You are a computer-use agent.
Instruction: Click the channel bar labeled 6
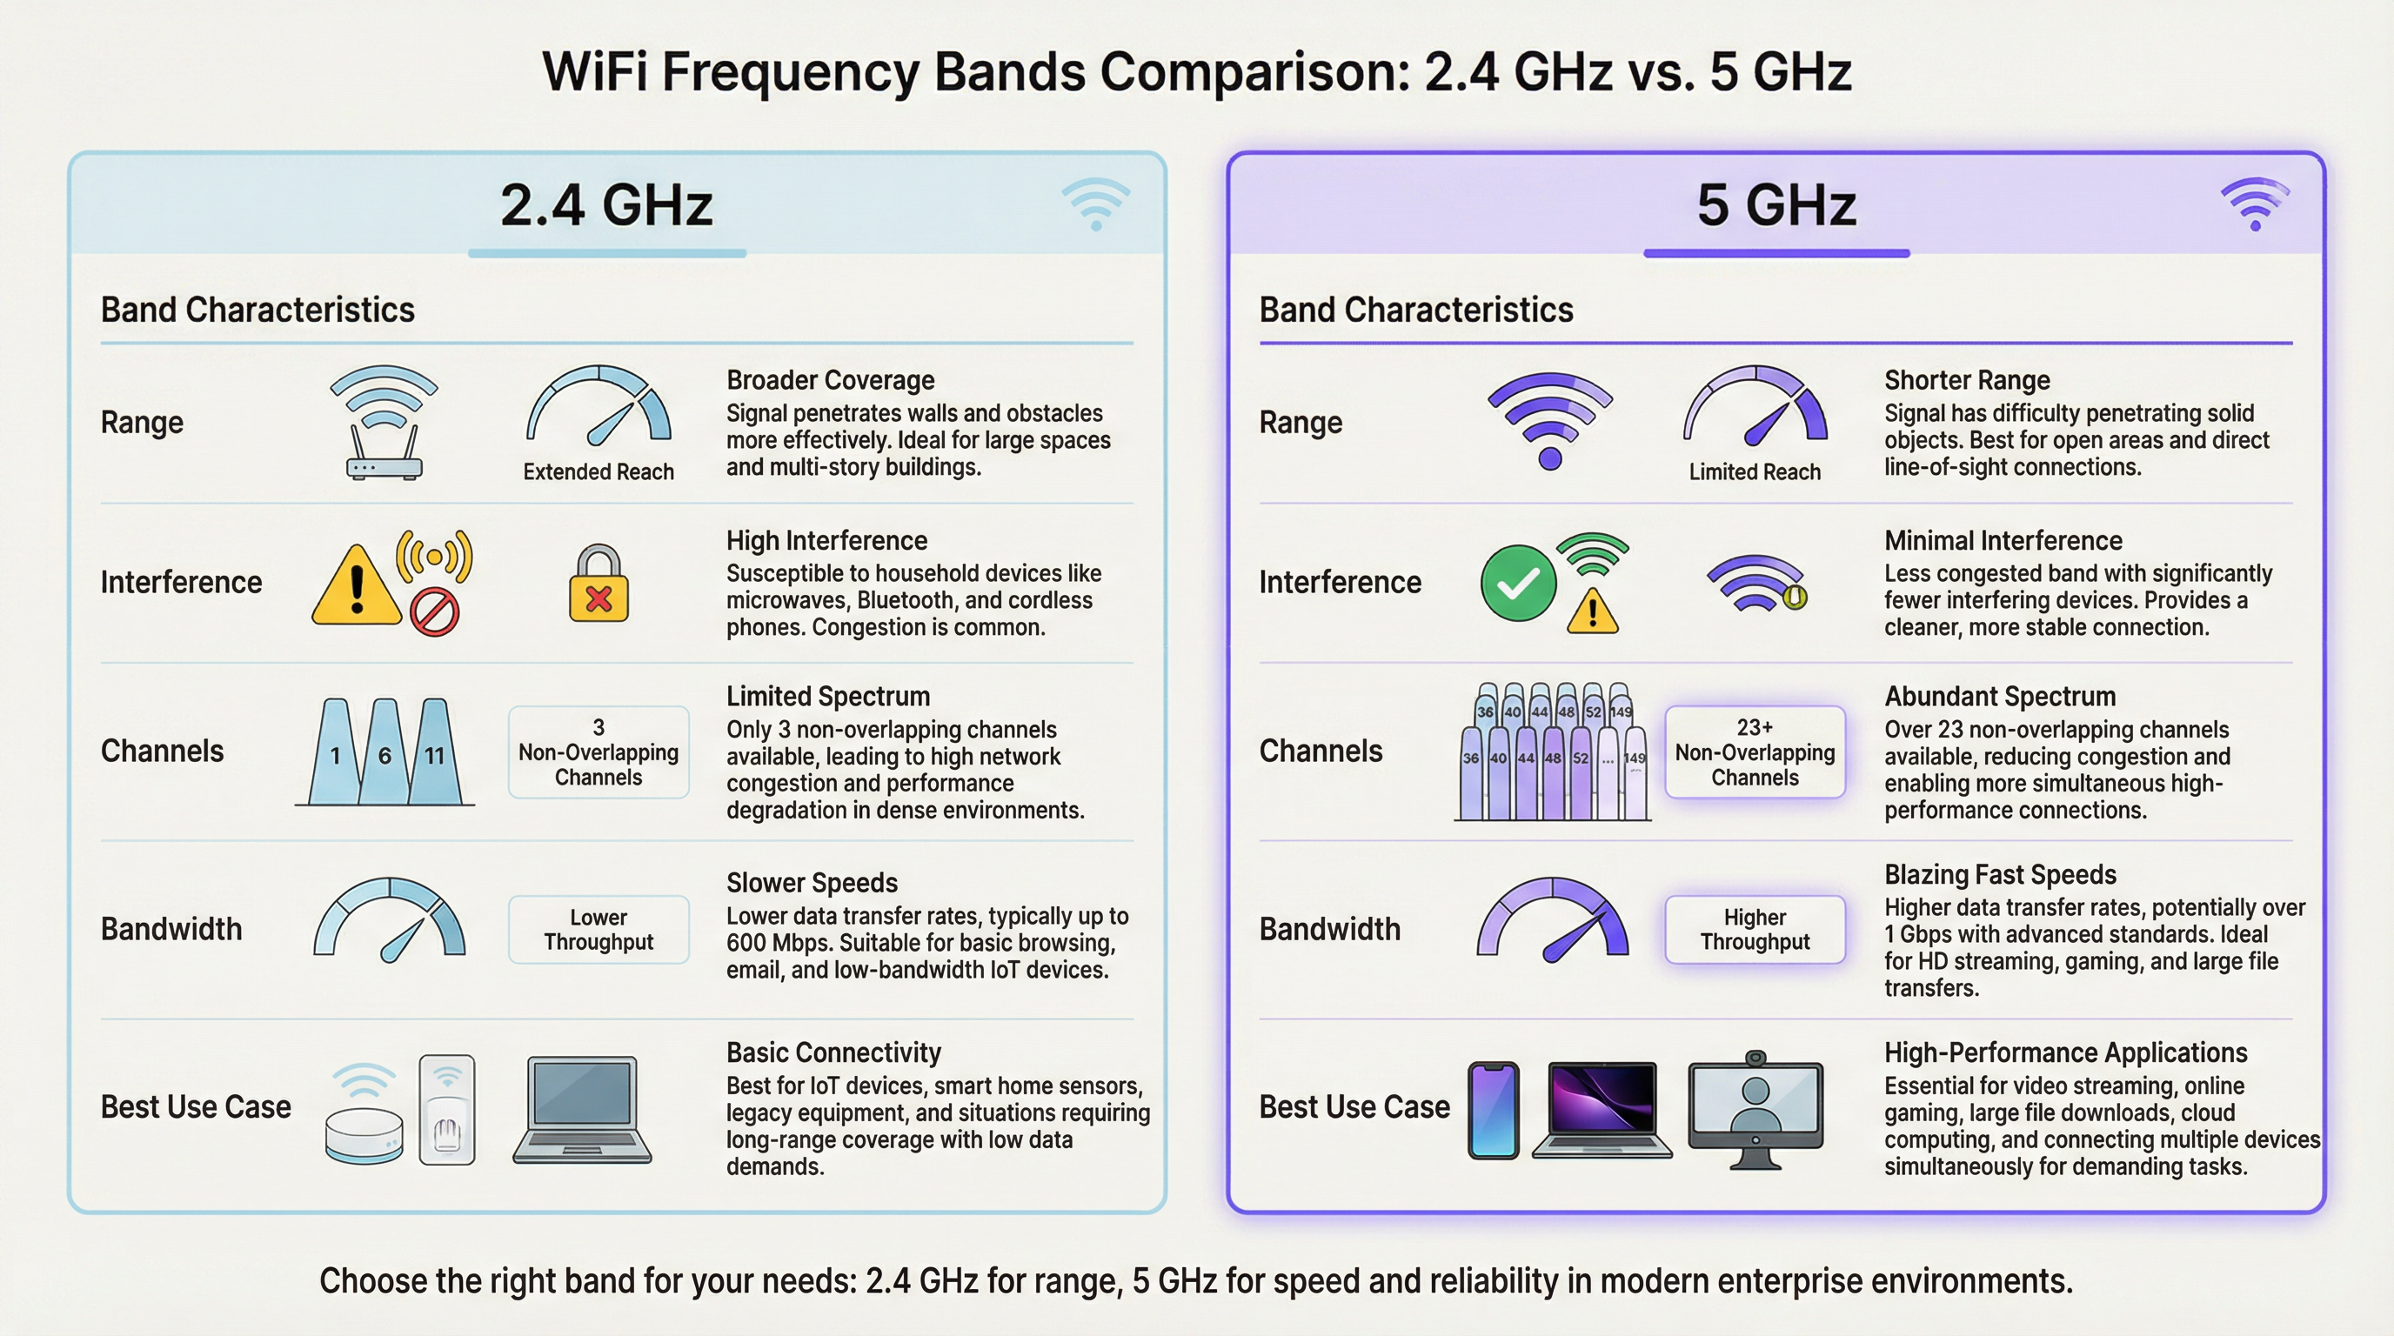coord(385,751)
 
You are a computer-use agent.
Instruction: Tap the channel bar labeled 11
coord(435,751)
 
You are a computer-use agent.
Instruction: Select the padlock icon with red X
coord(598,584)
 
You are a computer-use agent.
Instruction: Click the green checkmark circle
coord(1518,583)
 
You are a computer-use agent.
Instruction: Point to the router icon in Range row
coord(384,423)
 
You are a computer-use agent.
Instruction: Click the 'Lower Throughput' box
coord(598,929)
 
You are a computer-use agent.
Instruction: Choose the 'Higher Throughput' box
coord(1755,929)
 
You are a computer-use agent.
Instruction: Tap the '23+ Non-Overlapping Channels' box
coord(1755,751)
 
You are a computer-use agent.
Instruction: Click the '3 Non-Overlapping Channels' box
coord(598,751)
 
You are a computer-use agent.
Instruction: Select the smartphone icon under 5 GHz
coord(1494,1110)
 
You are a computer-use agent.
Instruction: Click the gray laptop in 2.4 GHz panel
coord(582,1109)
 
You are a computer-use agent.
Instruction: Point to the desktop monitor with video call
coord(1755,1109)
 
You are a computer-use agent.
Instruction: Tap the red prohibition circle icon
coord(435,611)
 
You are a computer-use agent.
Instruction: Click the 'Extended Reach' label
coord(598,472)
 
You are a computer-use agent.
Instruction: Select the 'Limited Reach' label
coord(1755,472)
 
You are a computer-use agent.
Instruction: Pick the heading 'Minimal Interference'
coord(2003,541)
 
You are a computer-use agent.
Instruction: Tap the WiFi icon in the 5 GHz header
coord(2255,204)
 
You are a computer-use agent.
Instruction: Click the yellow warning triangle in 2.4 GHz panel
coord(357,585)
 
